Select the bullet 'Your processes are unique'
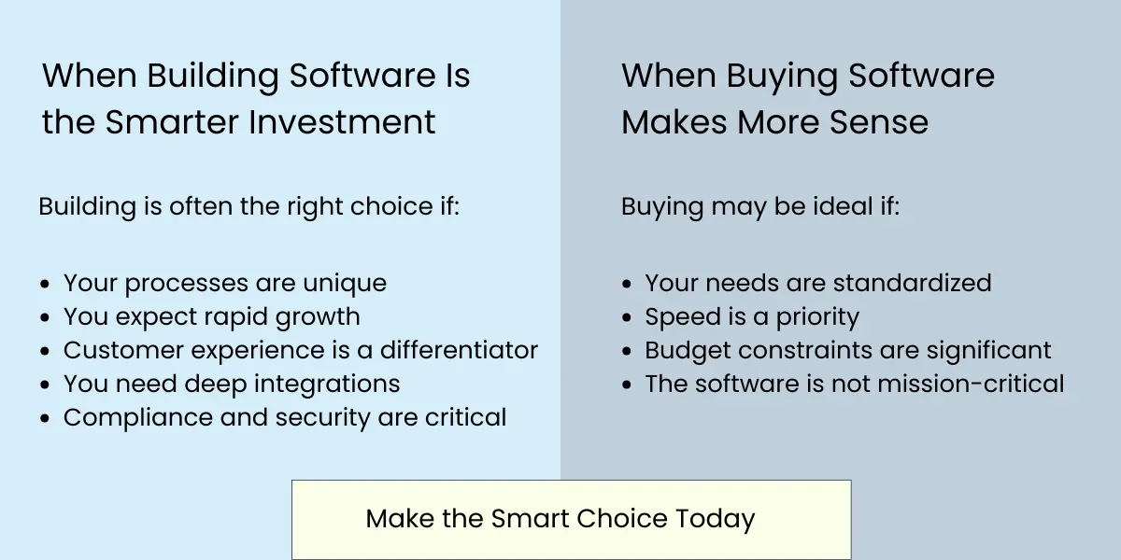224,283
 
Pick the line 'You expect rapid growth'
211,316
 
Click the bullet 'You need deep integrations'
231,384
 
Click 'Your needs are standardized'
817,283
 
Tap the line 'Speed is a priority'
751,316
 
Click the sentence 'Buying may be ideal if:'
759,206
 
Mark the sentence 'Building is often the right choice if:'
248,206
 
